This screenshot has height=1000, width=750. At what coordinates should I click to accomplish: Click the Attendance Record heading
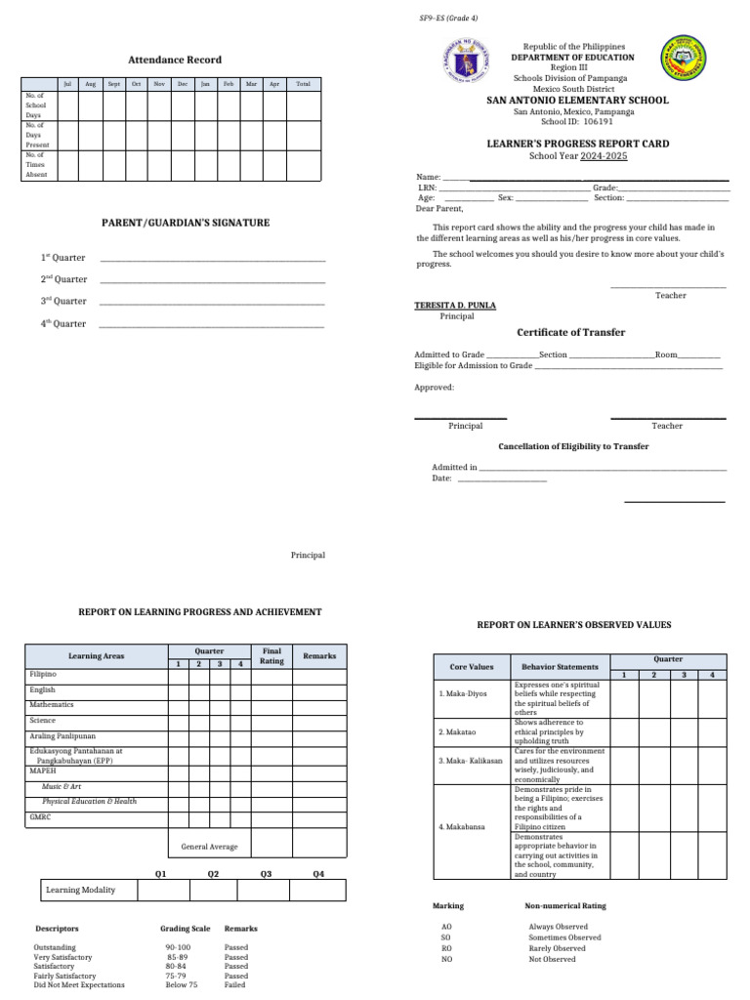tap(176, 61)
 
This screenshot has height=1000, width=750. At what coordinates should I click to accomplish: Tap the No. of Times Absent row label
tap(36, 165)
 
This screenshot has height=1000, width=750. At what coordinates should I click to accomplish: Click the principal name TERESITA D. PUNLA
tap(455, 306)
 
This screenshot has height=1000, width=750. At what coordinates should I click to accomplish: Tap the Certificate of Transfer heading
tap(570, 333)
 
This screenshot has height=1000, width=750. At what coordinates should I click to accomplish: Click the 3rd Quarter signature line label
tap(63, 302)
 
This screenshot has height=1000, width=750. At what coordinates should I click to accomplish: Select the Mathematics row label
tap(51, 704)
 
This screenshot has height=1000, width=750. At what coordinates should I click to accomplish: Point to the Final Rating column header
tap(271, 656)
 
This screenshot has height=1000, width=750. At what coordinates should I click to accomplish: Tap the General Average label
tap(209, 847)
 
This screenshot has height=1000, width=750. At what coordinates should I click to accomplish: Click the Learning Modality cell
tap(80, 890)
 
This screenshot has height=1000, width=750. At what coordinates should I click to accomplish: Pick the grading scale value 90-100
tap(178, 947)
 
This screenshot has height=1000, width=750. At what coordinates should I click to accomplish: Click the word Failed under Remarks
tap(235, 985)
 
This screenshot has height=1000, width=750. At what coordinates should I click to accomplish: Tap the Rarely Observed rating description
tap(557, 948)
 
